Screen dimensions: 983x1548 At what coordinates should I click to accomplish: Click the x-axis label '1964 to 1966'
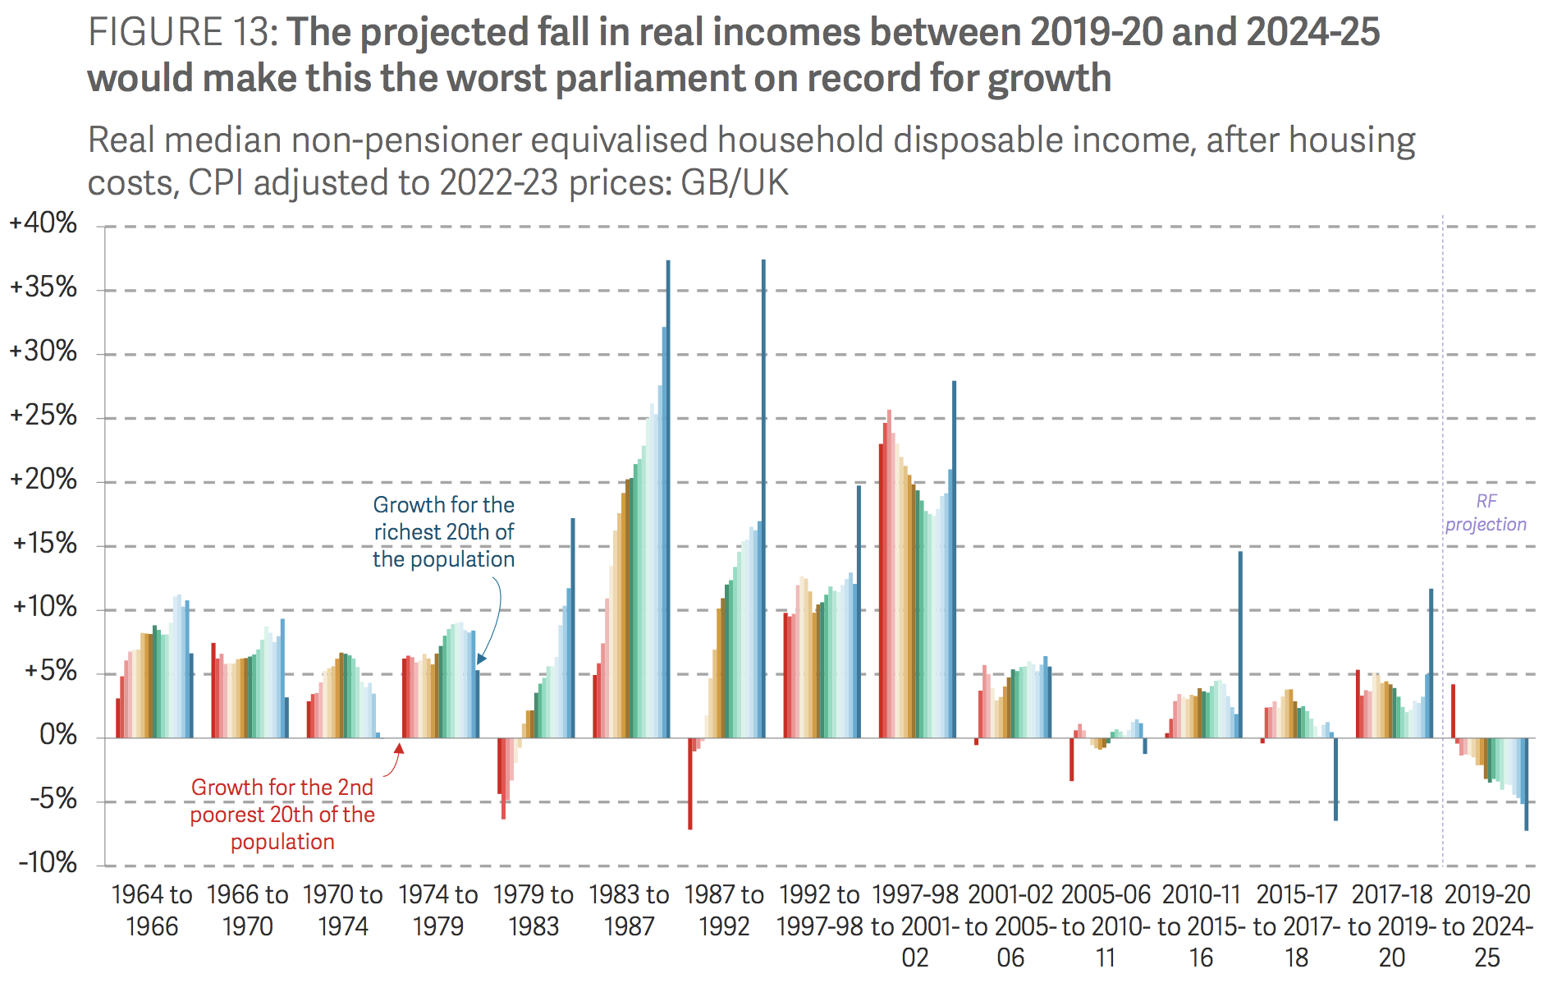pyautogui.click(x=152, y=910)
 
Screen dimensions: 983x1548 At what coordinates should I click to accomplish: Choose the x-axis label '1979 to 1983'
pyautogui.click(x=534, y=910)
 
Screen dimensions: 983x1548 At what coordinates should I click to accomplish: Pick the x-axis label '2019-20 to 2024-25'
pyautogui.click(x=1487, y=926)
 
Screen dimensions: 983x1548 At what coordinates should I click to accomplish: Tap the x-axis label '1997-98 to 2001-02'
pyautogui.click(x=914, y=926)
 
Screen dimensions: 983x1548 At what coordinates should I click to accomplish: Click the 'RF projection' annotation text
pyautogui.click(x=1486, y=513)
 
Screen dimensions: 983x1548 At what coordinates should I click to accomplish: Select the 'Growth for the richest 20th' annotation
pyautogui.click(x=444, y=532)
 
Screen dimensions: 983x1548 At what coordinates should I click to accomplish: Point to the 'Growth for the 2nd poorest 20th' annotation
pyautogui.click(x=282, y=814)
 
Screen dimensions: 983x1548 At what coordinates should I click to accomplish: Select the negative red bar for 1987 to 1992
pyautogui.click(x=690, y=783)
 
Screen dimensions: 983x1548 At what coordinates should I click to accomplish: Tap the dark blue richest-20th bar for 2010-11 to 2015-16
pyautogui.click(x=1240, y=645)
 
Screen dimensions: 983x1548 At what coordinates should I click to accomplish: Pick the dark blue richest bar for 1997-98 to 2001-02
pyautogui.click(x=954, y=558)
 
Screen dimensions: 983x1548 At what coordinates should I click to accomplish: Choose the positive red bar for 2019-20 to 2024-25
pyautogui.click(x=1454, y=711)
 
